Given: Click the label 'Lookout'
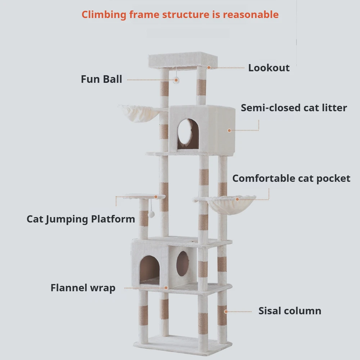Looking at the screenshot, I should (x=269, y=68).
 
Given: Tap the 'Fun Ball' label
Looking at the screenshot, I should (x=102, y=79).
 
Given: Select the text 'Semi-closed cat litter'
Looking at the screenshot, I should (x=294, y=108).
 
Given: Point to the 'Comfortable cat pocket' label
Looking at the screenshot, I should (x=291, y=179).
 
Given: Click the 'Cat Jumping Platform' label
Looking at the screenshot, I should (x=81, y=219).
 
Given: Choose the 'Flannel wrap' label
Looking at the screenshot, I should (x=83, y=288).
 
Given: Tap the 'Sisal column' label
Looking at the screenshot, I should (x=290, y=311).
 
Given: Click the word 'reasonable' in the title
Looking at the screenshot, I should (x=251, y=15).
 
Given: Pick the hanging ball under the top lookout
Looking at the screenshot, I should (x=176, y=81).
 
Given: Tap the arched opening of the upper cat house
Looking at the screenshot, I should (x=188, y=134).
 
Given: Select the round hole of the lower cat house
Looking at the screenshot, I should (x=183, y=264).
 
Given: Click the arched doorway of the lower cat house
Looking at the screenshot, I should (x=149, y=269).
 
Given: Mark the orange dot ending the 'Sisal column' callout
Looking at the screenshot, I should (x=225, y=311).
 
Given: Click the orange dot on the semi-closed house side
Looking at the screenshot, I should (x=229, y=130).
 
